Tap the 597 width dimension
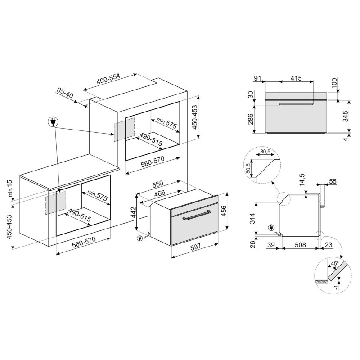[195, 247]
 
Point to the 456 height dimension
[223, 210]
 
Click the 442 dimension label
[133, 213]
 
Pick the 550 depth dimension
[157, 184]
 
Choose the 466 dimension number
[159, 193]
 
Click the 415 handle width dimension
[296, 78]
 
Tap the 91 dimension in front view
[257, 78]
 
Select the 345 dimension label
[345, 116]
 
